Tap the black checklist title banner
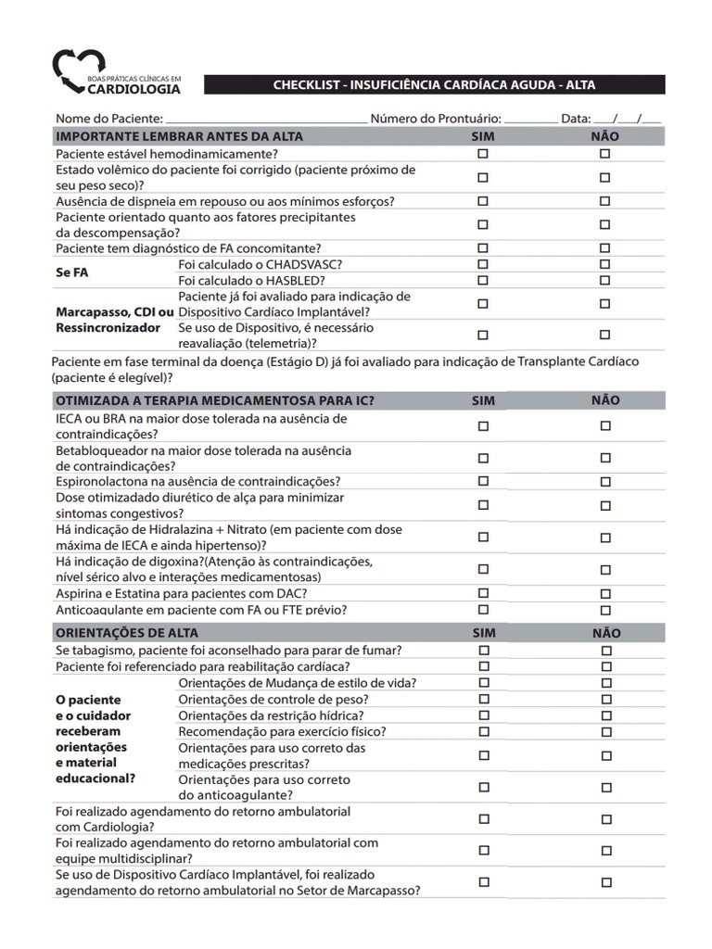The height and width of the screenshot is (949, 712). coord(434,84)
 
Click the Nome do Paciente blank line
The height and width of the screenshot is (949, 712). coord(267,120)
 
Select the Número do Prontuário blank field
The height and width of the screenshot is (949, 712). coord(530,120)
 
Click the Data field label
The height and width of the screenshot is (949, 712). coord(575,119)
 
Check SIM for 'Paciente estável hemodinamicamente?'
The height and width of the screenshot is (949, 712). coord(483,154)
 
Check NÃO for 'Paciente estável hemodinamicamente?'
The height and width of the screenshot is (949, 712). coord(604,154)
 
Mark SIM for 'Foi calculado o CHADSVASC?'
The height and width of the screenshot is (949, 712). coord(483,265)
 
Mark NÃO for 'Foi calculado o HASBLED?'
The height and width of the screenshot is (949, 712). coord(604,281)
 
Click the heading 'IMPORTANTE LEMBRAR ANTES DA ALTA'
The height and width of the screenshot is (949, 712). coord(180,136)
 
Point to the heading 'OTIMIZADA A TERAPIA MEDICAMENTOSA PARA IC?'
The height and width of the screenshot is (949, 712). coord(215,400)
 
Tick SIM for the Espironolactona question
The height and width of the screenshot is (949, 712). coord(483,481)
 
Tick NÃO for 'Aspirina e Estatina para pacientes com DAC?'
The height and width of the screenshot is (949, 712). coord(605,593)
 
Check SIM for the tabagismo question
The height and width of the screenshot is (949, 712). coord(483,651)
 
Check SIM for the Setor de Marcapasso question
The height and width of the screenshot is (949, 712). coord(483,882)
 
